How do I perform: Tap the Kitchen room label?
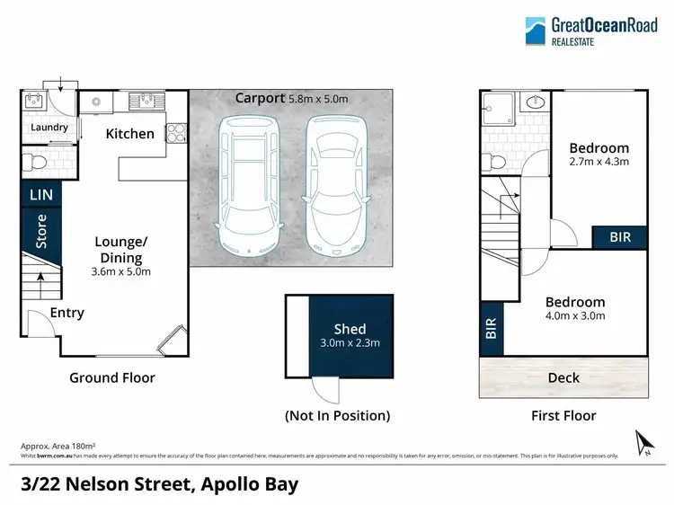pos(130,134)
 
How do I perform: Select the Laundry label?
pos(49,128)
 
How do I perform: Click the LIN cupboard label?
pos(40,195)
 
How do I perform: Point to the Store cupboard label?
pos(40,231)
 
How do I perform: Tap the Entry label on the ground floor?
pos(67,313)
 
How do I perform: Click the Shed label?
pos(350,329)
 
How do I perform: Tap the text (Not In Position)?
pos(337,415)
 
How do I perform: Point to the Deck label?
pos(563,377)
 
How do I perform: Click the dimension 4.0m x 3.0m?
pos(575,315)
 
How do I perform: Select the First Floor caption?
pos(563,415)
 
